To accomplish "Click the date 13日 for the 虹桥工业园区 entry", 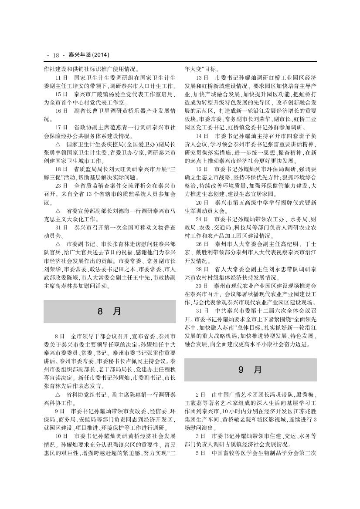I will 202,77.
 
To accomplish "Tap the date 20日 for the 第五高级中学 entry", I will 202,203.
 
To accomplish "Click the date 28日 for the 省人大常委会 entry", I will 202,270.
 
